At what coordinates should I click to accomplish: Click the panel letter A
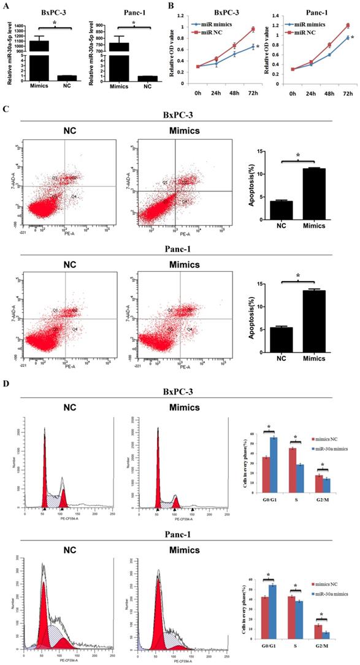click(x=6, y=6)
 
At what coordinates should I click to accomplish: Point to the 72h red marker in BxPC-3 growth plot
click(x=252, y=29)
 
